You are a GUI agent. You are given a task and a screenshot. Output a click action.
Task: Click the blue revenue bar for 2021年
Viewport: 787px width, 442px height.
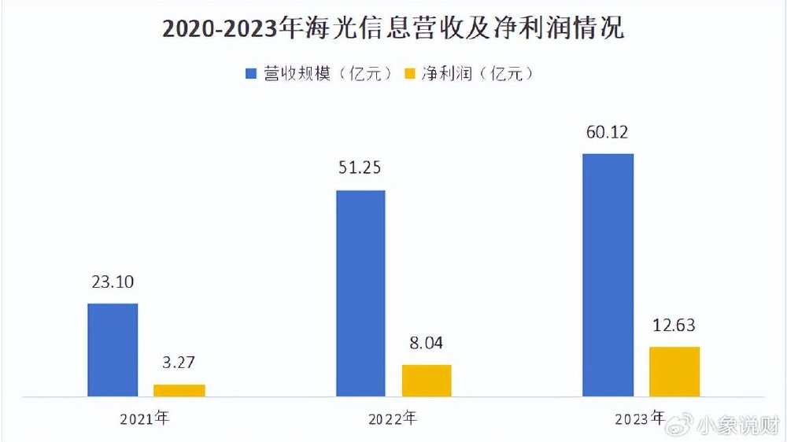tap(113, 349)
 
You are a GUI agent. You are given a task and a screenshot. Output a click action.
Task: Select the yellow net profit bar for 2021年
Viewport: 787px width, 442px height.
tap(179, 390)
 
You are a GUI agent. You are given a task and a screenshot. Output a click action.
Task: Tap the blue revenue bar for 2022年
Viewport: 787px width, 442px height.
tap(360, 293)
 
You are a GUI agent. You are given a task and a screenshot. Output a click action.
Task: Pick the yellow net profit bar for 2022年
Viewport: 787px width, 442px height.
tap(427, 380)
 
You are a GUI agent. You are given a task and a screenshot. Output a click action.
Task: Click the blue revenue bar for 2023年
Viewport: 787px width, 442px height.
tap(608, 274)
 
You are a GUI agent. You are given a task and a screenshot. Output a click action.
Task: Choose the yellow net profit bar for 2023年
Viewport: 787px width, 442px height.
tap(674, 371)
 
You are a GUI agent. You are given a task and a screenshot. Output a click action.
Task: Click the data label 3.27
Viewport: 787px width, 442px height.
tap(179, 363)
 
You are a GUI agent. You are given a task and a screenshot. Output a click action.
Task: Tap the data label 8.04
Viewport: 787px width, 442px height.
tap(427, 344)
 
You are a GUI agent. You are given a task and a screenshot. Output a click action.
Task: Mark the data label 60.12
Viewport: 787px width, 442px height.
tap(608, 133)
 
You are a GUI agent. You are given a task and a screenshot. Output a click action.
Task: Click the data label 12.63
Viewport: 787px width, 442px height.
tap(674, 326)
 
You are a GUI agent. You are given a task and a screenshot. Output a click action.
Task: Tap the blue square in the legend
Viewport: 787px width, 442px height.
tap(251, 74)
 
